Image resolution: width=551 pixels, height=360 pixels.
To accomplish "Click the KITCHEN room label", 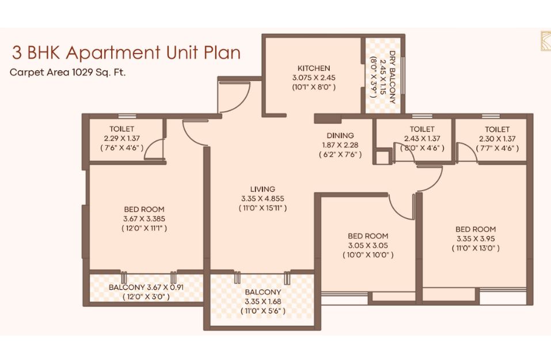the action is coord(314,68).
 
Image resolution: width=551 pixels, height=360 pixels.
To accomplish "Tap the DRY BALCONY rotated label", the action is coord(392,77).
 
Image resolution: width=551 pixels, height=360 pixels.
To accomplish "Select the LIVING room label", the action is coord(263,189).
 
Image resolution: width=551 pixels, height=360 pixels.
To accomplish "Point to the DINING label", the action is coord(340,135).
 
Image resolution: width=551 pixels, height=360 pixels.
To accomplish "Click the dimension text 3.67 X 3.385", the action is coord(144,219).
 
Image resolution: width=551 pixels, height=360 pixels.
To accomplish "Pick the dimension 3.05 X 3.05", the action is coord(368,245).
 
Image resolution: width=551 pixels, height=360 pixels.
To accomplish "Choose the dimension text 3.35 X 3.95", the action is coord(476,238).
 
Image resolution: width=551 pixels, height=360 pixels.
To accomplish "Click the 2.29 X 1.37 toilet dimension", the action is coord(121,138).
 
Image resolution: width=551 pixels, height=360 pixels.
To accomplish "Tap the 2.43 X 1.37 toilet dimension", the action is coord(422,138).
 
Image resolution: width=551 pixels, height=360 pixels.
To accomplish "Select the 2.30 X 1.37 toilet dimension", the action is coord(497,139).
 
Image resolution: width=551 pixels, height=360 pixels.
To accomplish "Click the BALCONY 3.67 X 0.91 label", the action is coord(146,287).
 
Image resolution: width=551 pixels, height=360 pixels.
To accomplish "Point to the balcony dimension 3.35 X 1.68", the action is coord(263,302).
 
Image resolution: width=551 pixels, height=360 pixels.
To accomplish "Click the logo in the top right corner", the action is coord(545,41).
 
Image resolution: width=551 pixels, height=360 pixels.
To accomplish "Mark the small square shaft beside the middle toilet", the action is coord(382,157).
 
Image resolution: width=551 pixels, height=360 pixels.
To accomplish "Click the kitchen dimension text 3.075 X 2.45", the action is coord(314,78).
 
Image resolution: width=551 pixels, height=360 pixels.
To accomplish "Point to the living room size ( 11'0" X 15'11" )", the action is coord(263,208).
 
